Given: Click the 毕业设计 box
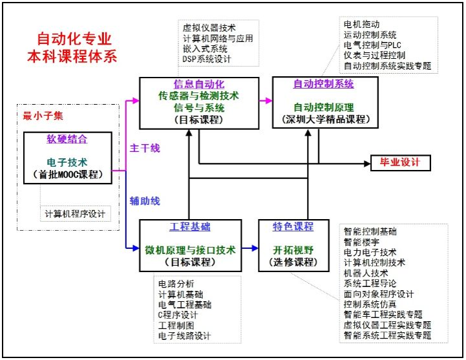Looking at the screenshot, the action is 400,163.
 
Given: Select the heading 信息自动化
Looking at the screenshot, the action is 199,84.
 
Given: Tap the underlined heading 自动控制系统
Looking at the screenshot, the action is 324,83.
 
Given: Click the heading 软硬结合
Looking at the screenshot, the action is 67,139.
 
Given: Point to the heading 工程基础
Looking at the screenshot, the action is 190,226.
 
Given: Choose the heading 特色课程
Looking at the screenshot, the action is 293,226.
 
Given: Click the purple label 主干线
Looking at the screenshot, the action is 145,148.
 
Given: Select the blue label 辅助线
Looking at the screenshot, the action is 145,201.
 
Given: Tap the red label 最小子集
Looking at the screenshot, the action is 43,116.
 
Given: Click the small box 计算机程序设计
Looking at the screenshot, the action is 76,214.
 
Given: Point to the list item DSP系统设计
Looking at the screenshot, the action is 207,59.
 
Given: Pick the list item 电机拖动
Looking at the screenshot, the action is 361,24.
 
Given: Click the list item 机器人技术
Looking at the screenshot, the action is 366,273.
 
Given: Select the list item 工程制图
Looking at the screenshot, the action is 176,325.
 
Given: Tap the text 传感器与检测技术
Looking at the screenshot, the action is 199,96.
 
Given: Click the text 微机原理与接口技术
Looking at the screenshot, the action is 190,250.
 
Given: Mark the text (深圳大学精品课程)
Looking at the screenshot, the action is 326,119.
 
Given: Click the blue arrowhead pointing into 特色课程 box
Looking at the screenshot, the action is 255,248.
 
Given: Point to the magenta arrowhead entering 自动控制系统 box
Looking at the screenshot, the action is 269,101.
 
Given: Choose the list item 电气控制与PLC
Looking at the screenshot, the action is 372,45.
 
